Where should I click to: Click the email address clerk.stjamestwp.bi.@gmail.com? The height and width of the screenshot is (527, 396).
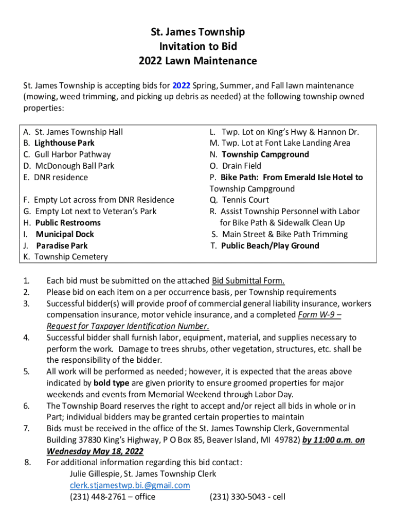130,485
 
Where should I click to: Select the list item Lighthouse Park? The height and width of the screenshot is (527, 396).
64,143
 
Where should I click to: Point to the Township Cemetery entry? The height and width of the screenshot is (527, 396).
71,257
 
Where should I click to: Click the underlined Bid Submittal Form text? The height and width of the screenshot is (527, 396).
248,280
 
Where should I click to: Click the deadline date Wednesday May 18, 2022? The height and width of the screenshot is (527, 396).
95,451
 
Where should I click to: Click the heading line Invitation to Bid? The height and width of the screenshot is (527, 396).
197,46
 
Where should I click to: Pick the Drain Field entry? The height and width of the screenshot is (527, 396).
241,166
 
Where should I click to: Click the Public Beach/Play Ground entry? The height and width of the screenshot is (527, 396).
270,245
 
